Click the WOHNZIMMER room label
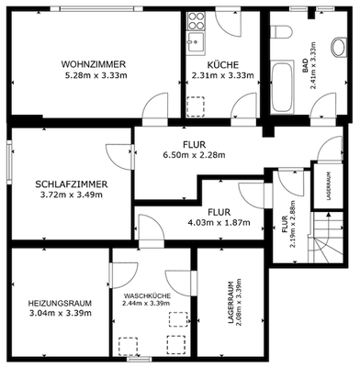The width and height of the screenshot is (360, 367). [x=93, y=63]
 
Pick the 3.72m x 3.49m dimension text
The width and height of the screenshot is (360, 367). [x=73, y=195]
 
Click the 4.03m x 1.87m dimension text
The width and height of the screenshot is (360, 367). [x=219, y=223]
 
